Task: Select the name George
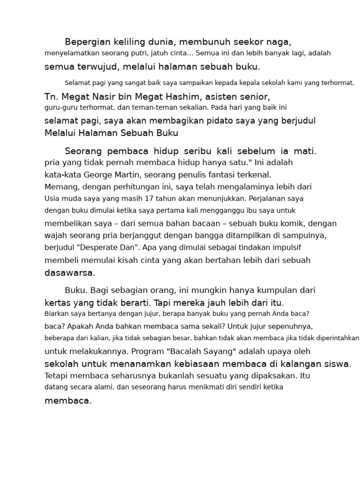[99, 175]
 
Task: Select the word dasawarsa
[69, 273]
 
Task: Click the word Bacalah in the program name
[199, 351]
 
